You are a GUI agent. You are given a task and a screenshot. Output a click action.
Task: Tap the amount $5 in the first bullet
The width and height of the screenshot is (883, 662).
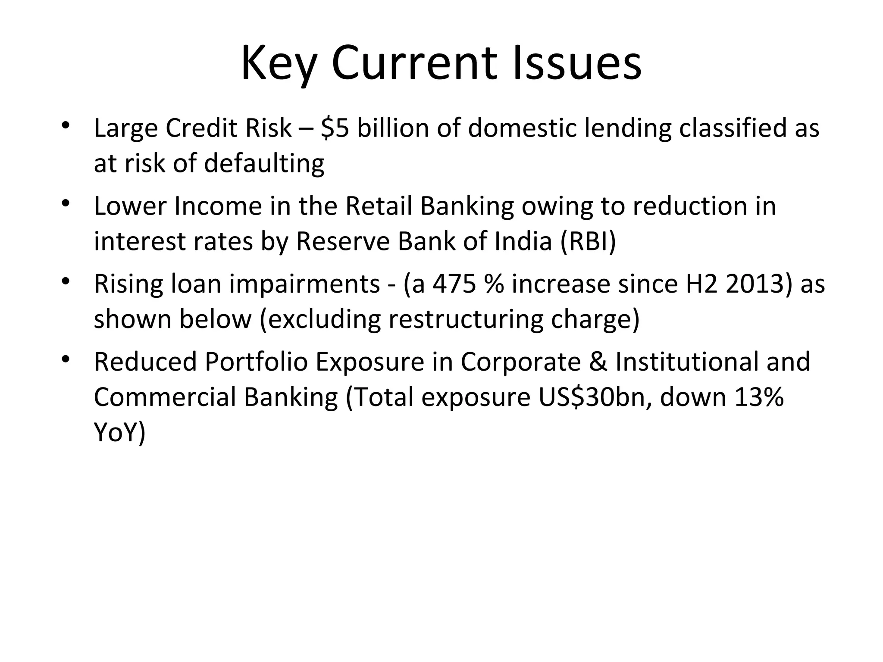coord(335,128)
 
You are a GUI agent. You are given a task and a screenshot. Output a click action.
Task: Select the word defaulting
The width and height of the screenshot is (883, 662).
coord(264,164)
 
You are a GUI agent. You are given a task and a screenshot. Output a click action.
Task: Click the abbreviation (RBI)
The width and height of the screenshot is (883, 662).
coord(588,241)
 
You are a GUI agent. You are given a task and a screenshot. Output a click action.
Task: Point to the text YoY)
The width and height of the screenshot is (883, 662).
coord(120,433)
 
